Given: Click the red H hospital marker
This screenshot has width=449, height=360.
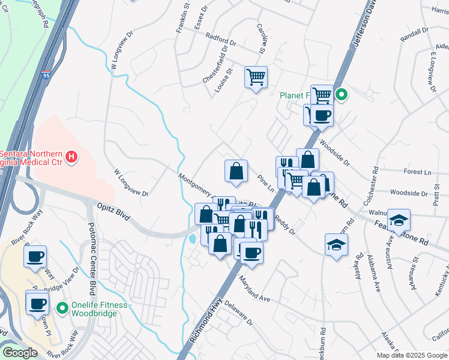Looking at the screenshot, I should [71, 158].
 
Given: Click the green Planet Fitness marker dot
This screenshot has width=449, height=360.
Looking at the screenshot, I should [341, 94].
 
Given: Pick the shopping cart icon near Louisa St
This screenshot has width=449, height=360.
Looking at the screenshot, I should [256, 77].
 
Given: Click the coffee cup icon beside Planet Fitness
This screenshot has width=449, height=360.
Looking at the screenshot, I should [322, 115].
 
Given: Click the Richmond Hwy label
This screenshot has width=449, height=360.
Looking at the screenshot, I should [203, 326].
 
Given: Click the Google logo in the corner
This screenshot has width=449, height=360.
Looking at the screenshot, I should [20, 352].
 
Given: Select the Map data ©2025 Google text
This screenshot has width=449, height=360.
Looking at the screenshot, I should [411, 355].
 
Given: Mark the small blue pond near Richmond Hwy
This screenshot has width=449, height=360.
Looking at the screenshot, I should [191, 239].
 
